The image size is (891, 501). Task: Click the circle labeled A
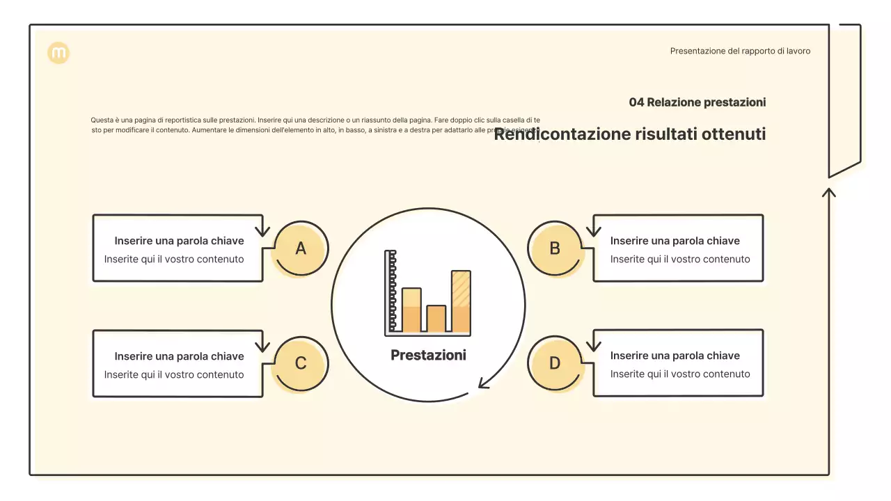301,248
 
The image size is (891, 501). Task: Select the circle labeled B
555,248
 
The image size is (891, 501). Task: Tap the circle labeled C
301,363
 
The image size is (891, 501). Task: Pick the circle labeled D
555,363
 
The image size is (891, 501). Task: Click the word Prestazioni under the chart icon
428,355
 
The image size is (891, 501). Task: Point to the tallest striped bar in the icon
461,301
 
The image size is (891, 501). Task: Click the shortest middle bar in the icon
436,319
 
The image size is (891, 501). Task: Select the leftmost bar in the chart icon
411,310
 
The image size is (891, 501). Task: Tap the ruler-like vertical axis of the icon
391,292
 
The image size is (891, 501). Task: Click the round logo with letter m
58,53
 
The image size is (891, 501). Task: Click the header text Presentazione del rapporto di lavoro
740,51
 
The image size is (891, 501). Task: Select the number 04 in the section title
636,102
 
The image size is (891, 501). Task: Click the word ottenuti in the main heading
734,134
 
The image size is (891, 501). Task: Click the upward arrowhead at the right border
828,191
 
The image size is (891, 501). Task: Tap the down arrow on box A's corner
262,230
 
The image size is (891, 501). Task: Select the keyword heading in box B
675,241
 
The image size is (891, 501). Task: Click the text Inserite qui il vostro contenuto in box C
174,374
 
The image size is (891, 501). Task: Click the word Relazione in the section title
673,102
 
